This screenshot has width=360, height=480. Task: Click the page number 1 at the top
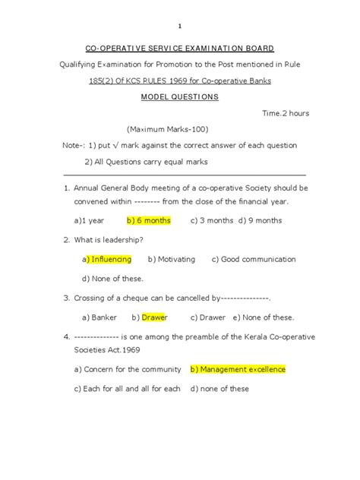[180, 24]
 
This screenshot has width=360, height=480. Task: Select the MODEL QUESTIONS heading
[179, 97]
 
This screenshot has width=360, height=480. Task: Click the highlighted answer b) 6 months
[149, 220]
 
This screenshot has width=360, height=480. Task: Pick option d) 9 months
[260, 220]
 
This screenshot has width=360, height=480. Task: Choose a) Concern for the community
[128, 369]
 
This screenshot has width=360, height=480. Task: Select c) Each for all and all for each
[128, 389]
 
